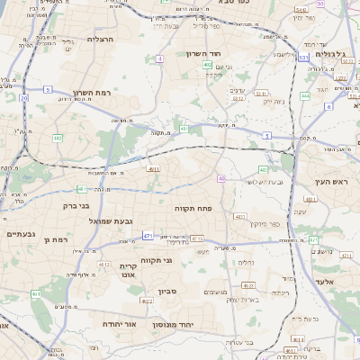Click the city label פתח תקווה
193,207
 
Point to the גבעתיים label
20,235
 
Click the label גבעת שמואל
111,220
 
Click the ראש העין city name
331,181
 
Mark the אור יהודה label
119,322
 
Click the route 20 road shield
23,98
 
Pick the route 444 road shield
305,94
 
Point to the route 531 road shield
303,57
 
